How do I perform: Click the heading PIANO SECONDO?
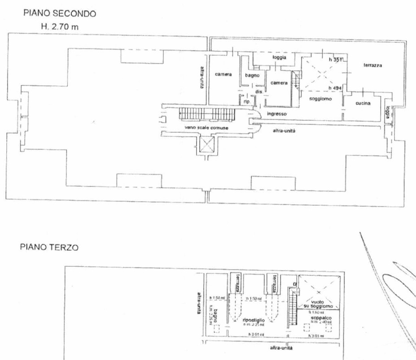60,14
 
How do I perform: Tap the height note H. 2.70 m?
60,27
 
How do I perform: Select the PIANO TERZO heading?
49,247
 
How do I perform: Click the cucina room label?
363,104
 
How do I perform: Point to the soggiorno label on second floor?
320,99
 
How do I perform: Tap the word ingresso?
276,114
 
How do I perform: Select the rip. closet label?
246,102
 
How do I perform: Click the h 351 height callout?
335,60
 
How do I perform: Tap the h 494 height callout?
335,88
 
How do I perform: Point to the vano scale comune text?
206,128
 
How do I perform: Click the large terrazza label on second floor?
372,65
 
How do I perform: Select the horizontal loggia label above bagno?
279,57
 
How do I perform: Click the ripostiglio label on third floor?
253,321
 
